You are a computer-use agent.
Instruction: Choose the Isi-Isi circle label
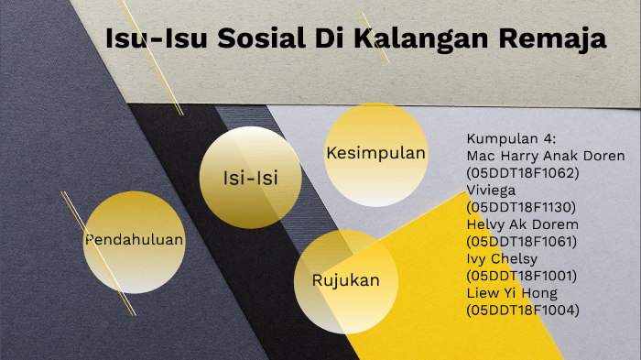(x=250, y=177)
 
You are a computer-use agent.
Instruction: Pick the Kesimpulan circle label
(x=375, y=153)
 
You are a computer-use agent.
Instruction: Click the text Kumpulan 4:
(x=511, y=138)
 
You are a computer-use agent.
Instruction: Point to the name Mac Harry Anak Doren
(x=546, y=156)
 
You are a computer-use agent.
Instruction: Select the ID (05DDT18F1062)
(x=522, y=172)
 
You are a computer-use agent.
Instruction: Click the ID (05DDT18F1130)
(x=522, y=207)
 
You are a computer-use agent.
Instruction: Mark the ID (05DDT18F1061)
(x=522, y=241)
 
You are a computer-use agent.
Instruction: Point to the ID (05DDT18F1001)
(x=522, y=276)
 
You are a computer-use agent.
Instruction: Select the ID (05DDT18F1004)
(x=522, y=310)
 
